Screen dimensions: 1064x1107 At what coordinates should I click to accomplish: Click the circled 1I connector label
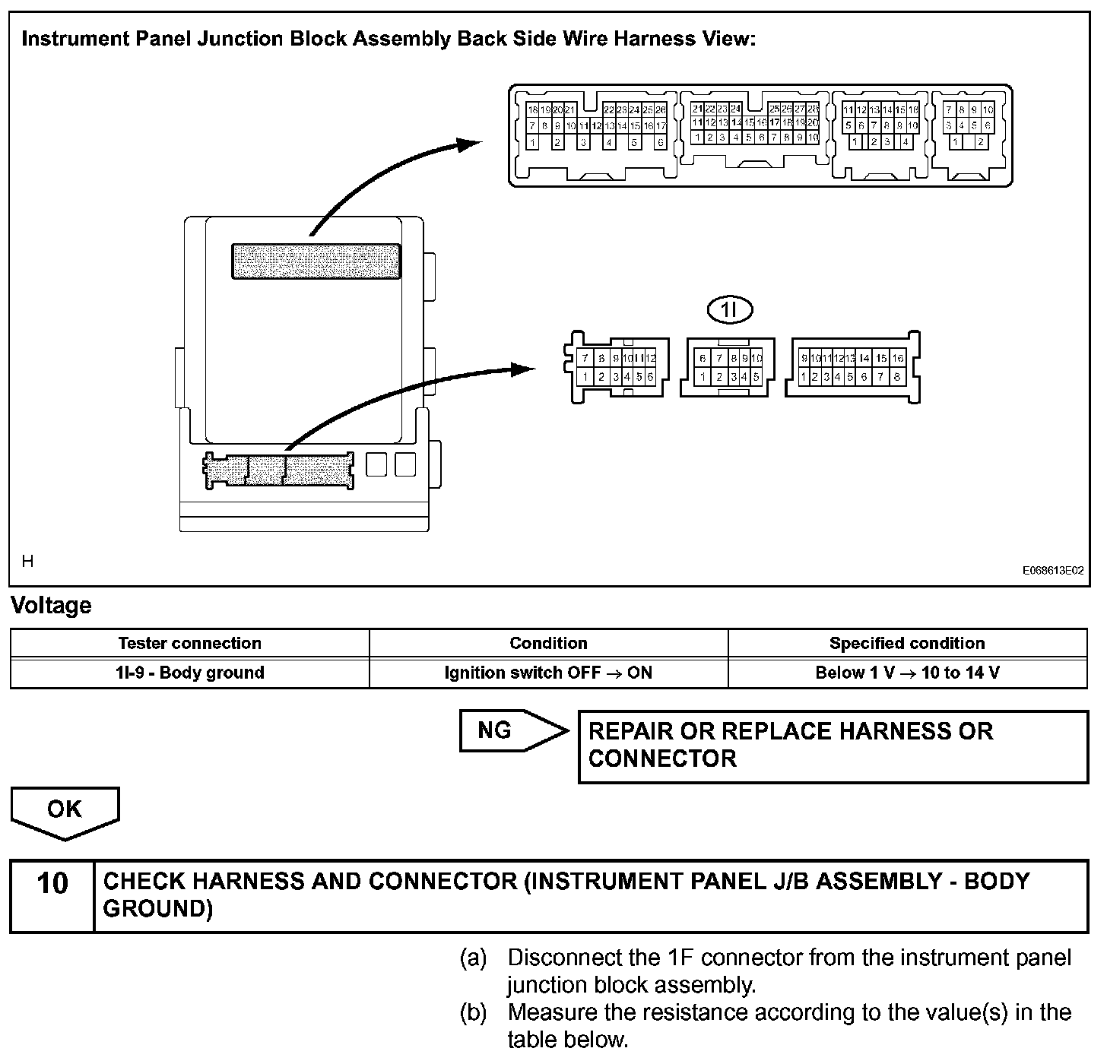tap(729, 309)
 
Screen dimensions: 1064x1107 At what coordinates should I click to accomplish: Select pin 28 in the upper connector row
tap(813, 109)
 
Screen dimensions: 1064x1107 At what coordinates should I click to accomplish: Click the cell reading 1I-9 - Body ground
tap(190, 673)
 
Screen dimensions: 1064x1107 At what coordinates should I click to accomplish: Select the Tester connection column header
tap(190, 643)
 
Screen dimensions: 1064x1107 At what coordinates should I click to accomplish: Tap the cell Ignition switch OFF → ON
tap(548, 673)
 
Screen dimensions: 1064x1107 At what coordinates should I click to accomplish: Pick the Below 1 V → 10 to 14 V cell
tap(907, 673)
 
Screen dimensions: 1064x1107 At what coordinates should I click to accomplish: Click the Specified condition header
tap(907, 643)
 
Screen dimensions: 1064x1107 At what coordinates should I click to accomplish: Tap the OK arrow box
tap(65, 810)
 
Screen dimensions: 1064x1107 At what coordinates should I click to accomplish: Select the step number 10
tap(52, 885)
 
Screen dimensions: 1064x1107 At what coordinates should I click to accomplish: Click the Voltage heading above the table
tap(51, 606)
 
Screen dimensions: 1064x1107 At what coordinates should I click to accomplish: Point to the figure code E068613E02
tap(1053, 571)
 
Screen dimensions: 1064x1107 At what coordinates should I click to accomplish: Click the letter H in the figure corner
tap(28, 562)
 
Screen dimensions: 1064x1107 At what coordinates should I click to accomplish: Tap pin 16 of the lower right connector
tap(898, 359)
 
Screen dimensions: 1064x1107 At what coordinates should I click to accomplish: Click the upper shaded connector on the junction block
tap(316, 261)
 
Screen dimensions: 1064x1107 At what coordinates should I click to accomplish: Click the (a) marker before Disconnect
tap(474, 958)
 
